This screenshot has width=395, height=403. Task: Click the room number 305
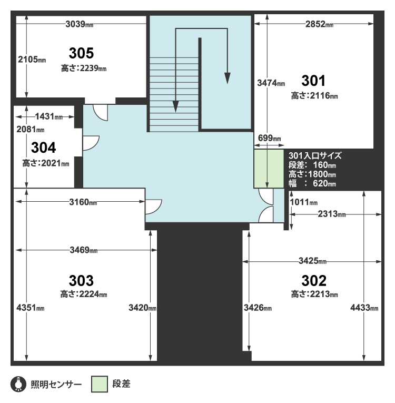coord(81,53)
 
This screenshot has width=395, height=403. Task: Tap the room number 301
coord(313,81)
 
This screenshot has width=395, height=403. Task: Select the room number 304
coord(43,148)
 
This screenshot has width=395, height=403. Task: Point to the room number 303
coord(81,280)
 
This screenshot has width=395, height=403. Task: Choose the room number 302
coord(314,280)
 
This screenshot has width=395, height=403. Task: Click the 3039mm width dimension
coord(79,24)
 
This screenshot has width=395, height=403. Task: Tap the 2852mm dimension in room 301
coord(319,24)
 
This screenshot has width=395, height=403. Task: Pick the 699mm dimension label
coord(269,138)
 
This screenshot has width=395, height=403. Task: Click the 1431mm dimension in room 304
coord(48,116)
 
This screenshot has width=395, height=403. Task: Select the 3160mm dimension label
coord(83,202)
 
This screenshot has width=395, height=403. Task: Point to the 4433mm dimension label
coord(364,308)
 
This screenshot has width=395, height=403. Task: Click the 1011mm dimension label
coord(303,202)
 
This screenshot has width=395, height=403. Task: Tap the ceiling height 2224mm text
coord(84,294)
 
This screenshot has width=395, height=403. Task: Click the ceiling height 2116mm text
coord(314,96)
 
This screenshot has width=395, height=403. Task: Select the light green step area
coord(269,169)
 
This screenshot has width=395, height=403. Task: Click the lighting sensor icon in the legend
coord(18,384)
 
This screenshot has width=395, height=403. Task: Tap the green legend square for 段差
coord(100,384)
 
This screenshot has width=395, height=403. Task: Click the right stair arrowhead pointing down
coord(227,78)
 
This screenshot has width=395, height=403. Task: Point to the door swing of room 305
coord(100,113)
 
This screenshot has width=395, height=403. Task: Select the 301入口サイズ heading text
coord(315,156)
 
